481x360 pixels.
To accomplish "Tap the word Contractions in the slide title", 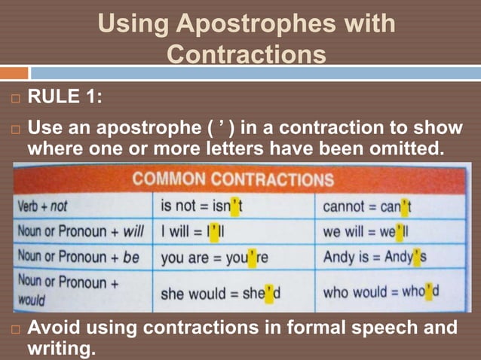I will point(247,55).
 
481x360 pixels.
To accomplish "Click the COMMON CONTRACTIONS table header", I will point(234,180).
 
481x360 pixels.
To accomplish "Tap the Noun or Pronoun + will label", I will point(79,230).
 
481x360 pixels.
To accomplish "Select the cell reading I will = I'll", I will point(195,231).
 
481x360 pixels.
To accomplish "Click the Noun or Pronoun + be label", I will point(78,257).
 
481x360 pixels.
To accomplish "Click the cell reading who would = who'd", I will point(381,291).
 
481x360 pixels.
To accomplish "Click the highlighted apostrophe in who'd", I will point(428,290).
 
